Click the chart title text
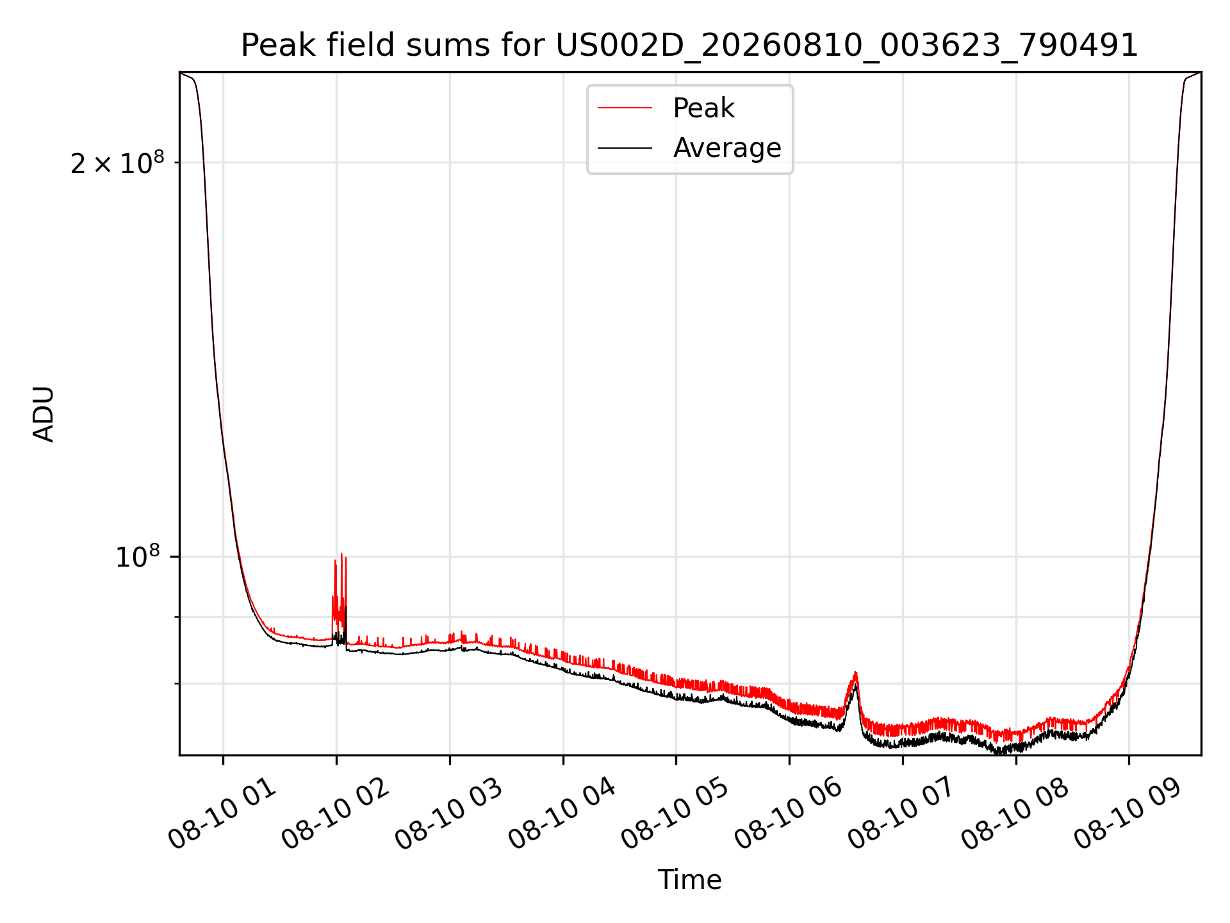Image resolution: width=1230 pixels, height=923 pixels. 689,46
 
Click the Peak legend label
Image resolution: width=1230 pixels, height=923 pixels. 703,108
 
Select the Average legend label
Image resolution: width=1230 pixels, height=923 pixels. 727,148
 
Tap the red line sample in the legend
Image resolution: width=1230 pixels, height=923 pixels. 625,108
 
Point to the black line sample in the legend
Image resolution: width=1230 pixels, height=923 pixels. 625,148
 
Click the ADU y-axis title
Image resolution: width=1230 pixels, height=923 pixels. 44,414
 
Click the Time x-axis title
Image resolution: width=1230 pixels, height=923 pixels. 689,880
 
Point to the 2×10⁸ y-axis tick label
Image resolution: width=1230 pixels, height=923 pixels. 117,163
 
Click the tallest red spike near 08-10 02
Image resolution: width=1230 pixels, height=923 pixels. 341,554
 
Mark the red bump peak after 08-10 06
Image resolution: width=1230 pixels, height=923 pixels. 855,672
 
